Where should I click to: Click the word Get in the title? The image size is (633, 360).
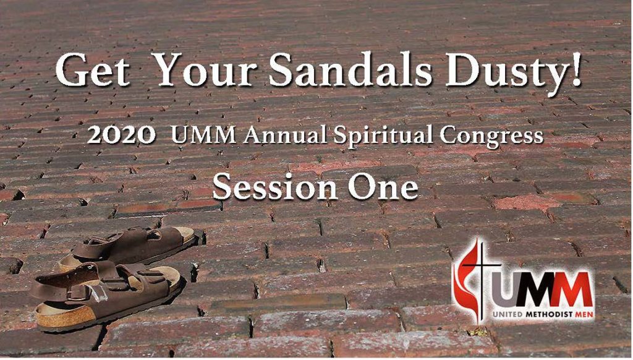pos(93,71)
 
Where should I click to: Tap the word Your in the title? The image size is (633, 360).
pos(206,69)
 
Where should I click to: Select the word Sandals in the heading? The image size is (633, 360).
pos(350,69)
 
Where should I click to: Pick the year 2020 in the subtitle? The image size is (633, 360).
pos(122,135)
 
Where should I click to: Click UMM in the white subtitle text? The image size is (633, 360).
pos(204,135)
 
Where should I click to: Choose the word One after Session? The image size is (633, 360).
pos(384,187)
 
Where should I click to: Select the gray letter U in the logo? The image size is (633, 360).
pos(503,289)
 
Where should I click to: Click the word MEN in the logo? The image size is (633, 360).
pos(584,314)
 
